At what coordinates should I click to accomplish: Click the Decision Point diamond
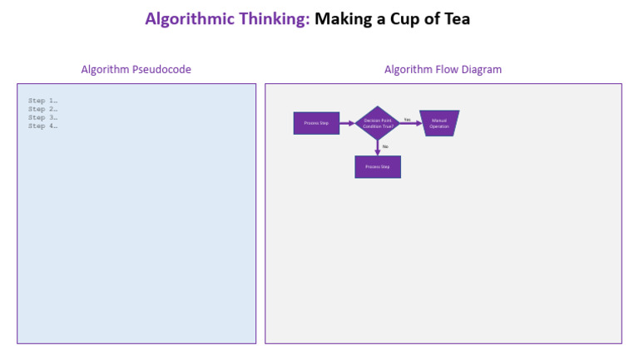click(x=378, y=123)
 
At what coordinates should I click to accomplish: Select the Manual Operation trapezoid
click(x=439, y=123)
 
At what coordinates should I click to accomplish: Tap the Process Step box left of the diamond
click(x=316, y=123)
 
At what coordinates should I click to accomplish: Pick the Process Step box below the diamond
click(x=378, y=166)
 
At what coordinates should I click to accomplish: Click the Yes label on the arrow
click(x=408, y=119)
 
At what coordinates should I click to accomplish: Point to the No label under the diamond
click(x=385, y=146)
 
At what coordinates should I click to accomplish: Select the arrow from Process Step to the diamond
click(x=348, y=123)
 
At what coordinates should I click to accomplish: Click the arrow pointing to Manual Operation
click(x=410, y=124)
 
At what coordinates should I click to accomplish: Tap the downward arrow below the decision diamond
click(x=378, y=147)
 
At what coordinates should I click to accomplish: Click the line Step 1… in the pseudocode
click(x=42, y=101)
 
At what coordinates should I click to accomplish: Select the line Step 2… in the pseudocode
click(x=42, y=109)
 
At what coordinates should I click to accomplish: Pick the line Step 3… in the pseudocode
click(x=42, y=117)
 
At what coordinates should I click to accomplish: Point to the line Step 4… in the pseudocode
click(x=42, y=126)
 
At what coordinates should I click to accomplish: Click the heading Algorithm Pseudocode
click(x=136, y=69)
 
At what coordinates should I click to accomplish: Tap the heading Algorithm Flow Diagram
click(x=443, y=69)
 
